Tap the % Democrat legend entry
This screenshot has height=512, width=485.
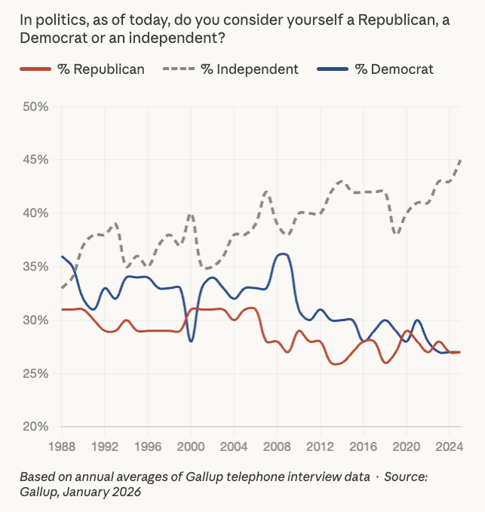[x=381, y=69]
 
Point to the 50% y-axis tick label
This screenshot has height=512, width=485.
[x=35, y=107]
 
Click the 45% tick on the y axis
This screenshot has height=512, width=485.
[x=35, y=160]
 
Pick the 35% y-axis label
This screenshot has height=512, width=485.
[x=35, y=267]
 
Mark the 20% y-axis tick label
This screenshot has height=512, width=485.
[x=35, y=427]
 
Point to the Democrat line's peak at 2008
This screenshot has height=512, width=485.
[x=281, y=254]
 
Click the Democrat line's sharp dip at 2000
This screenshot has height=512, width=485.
[x=191, y=341]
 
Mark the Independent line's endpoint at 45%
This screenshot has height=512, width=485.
[x=461, y=160]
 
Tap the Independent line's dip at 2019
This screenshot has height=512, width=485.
[x=397, y=235]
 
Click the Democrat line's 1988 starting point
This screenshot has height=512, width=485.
[x=62, y=256]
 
